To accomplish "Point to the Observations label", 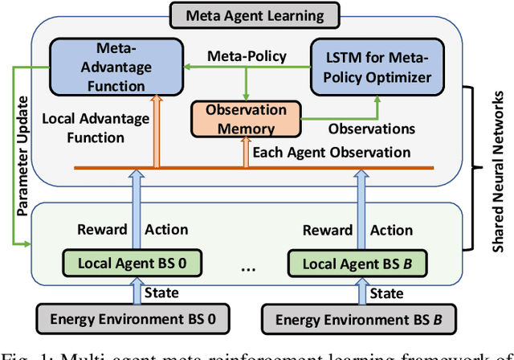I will point(370,128).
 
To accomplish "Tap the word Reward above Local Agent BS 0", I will point(102,230).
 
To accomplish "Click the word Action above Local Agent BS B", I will point(392,230).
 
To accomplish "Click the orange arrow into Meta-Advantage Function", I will point(157,124).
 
